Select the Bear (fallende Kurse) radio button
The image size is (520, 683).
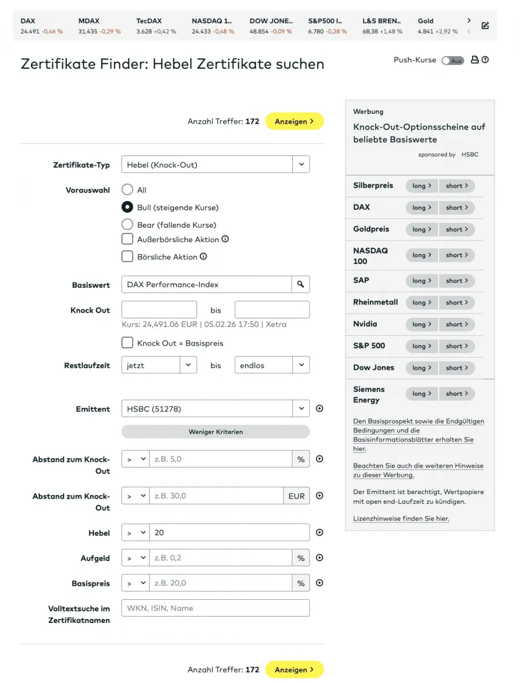point(127,224)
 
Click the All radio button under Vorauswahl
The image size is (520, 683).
point(127,190)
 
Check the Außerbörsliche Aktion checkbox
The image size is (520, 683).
point(127,239)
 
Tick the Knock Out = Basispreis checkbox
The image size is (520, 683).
point(127,343)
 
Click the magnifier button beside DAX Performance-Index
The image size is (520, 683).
point(300,284)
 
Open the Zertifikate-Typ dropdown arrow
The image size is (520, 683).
point(301,165)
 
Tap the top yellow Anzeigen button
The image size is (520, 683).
point(294,121)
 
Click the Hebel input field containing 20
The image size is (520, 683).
point(229,533)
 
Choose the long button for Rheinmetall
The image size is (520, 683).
point(422,302)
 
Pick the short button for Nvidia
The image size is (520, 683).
point(456,324)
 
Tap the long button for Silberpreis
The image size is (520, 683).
point(422,185)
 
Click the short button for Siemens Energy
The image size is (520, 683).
point(456,394)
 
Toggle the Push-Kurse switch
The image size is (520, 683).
point(452,60)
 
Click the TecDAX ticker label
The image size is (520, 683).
point(149,21)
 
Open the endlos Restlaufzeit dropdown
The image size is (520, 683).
point(272,365)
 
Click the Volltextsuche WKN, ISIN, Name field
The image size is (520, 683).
point(216,608)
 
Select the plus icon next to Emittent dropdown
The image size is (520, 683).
point(320,409)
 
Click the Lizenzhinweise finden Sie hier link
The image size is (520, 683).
point(401,518)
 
